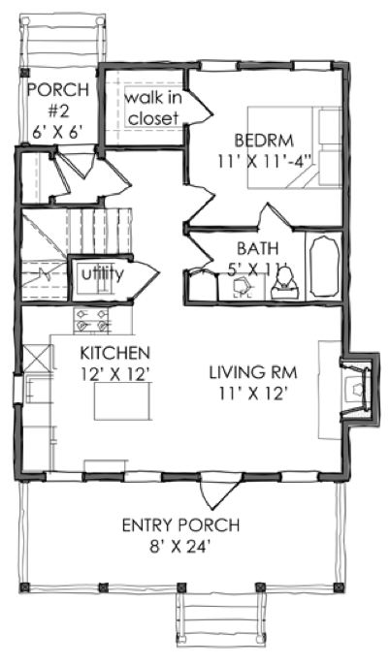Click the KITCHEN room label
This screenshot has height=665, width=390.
click(x=114, y=353)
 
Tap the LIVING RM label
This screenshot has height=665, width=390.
click(x=253, y=372)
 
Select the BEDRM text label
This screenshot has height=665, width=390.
click(x=264, y=140)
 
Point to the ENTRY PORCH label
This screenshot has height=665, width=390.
click(x=180, y=525)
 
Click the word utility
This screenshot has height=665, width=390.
click(x=102, y=274)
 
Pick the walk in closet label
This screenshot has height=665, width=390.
click(x=153, y=109)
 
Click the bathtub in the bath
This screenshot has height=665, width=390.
click(x=325, y=266)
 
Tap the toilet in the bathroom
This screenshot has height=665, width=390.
click(x=285, y=285)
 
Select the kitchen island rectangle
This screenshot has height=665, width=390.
click(x=122, y=400)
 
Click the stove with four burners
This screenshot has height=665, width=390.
click(x=90, y=320)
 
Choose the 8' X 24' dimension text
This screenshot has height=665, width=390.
click(x=180, y=547)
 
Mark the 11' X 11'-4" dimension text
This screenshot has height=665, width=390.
click(x=265, y=161)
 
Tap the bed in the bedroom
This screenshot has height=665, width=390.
click(x=295, y=146)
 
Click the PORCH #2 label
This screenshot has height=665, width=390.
click(x=57, y=101)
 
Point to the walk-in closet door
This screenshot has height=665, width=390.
click(x=198, y=105)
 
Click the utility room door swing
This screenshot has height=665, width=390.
click(x=146, y=278)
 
